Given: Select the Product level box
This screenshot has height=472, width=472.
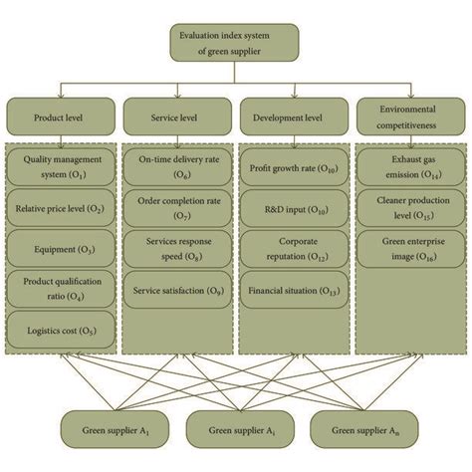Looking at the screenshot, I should tap(61, 115).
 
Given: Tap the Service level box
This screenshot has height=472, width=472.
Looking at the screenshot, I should tap(176, 115).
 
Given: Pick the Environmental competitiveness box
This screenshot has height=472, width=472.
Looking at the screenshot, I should tap(409, 115).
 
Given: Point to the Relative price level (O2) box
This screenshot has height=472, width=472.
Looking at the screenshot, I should tap(61, 209).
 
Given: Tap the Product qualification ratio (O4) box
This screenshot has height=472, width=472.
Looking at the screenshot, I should tap(61, 288).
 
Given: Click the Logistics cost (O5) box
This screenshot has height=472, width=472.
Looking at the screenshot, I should tap(61, 328).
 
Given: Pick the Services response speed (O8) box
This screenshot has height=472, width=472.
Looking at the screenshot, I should tap(176, 250).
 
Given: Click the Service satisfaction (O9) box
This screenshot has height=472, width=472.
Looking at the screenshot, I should tap(176, 290).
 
